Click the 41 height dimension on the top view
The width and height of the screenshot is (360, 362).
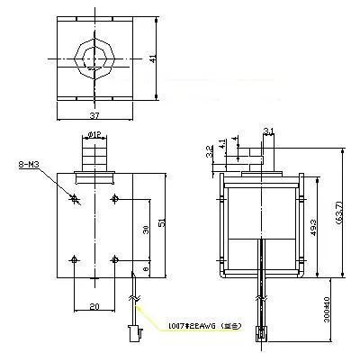(155, 59)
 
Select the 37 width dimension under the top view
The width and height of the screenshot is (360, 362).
(94, 116)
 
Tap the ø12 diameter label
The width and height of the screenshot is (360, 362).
(94, 136)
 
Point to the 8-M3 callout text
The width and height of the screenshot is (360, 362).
(29, 165)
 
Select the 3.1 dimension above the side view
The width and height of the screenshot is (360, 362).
(267, 133)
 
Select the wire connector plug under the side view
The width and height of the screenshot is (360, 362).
(262, 334)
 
